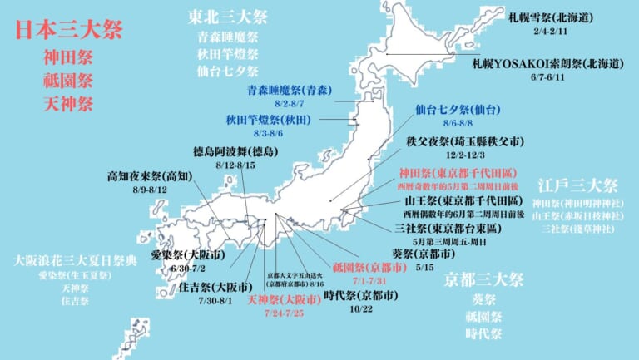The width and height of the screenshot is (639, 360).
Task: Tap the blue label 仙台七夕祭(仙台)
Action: click(458, 109)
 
